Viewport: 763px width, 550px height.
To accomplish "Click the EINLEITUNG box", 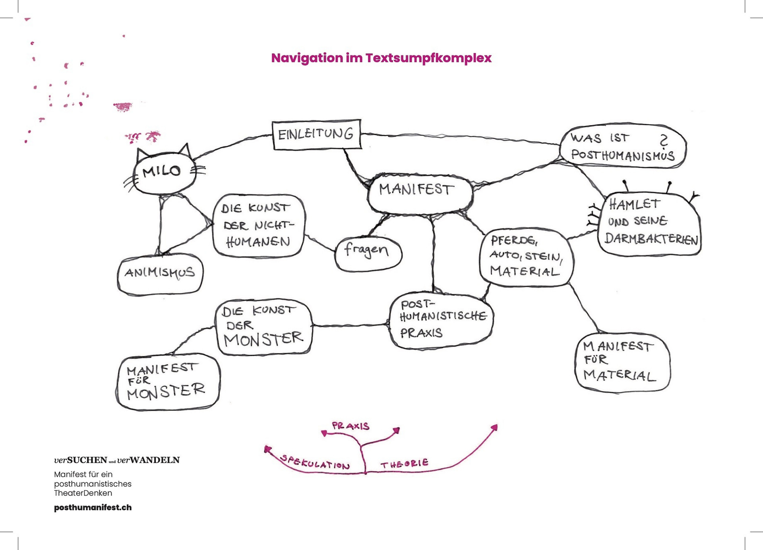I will tap(316, 134).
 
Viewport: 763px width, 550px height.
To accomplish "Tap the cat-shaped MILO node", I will tap(163, 172).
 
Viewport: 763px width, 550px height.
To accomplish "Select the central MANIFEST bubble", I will tap(420, 193).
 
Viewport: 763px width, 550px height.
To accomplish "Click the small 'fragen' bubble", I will tap(368, 253).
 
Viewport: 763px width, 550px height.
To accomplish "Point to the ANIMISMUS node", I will tap(160, 274).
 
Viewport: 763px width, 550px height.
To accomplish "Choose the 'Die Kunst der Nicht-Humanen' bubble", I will tap(259, 225).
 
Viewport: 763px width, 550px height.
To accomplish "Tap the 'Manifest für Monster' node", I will tap(168, 382).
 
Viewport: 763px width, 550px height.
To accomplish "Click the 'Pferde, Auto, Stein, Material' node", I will tap(526, 257).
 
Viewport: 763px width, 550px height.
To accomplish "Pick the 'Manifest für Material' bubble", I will tap(622, 362).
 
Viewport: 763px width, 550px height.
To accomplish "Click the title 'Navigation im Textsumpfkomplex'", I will tap(381, 58).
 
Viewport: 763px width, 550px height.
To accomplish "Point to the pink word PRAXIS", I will tap(351, 426).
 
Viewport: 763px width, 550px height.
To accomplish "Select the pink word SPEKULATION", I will tap(315, 462).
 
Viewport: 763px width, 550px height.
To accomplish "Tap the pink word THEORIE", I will tap(404, 463).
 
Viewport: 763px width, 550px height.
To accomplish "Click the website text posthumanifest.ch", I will tap(93, 507).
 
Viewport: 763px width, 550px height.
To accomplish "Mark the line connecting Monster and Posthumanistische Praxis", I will tap(350, 325).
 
